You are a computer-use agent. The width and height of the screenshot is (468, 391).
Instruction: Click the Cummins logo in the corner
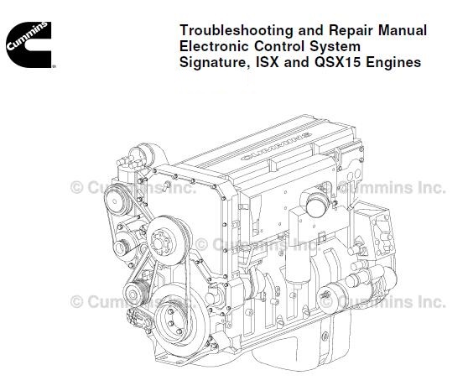(x=29, y=44)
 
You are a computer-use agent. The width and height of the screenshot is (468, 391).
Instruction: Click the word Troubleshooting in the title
(x=237, y=31)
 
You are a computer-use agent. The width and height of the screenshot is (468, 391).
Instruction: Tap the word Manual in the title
(x=403, y=30)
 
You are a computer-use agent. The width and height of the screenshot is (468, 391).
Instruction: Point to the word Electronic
(x=214, y=47)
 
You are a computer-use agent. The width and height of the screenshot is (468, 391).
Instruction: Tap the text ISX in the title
(x=268, y=62)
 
